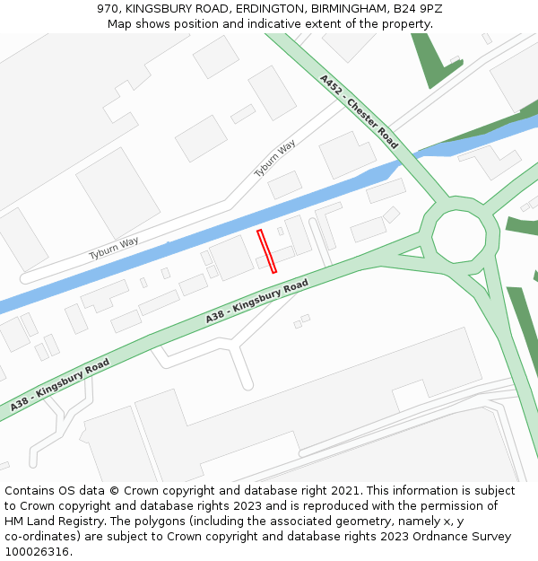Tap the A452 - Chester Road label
[359, 111]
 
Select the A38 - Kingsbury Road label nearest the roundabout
[256, 302]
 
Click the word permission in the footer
[452, 506]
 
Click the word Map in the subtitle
[120, 23]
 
